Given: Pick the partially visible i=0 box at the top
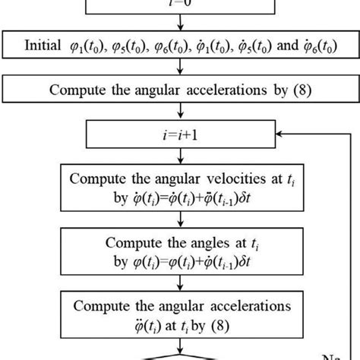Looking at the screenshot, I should tap(180, 6).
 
